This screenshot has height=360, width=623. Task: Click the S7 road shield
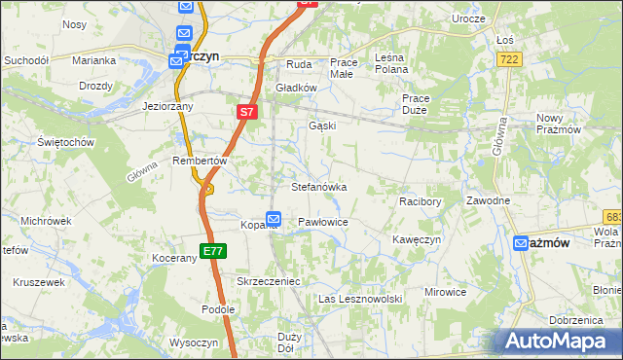pyautogui.click(x=247, y=113)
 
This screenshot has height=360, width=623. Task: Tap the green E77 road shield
pyautogui.click(x=213, y=251)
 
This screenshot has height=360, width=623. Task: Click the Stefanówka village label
pyautogui.click(x=319, y=187)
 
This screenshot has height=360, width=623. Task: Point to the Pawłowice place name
pyautogui.click(x=323, y=222)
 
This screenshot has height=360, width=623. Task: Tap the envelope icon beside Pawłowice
pyautogui.click(x=275, y=221)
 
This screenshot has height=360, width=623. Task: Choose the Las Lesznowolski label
pyautogui.click(x=360, y=299)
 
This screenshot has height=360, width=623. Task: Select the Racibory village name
pyautogui.click(x=421, y=201)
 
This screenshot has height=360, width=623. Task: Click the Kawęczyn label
pyautogui.click(x=418, y=239)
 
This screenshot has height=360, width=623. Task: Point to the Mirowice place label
pyautogui.click(x=446, y=292)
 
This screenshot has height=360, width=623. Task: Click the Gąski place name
pyautogui.click(x=321, y=126)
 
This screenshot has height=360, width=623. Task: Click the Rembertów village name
pyautogui.click(x=199, y=161)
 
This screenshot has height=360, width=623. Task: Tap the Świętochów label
pyautogui.click(x=65, y=142)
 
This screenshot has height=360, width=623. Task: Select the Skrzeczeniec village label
pyautogui.click(x=269, y=280)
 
